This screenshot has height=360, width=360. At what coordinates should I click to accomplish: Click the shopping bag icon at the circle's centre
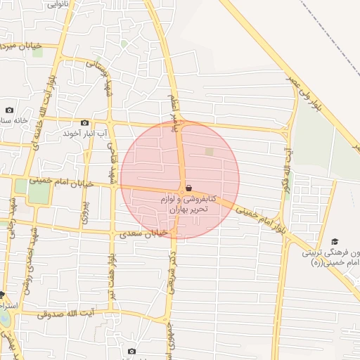click(x=188, y=188)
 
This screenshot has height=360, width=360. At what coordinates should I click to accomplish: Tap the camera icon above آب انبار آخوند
click(x=85, y=122)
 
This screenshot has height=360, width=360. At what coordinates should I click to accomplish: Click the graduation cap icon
click(x=335, y=240)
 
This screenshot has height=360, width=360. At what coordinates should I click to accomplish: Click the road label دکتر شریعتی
click(x=172, y=271)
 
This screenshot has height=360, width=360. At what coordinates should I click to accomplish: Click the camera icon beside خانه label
click(x=9, y=110)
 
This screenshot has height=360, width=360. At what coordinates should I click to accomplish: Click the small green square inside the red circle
click(x=209, y=151)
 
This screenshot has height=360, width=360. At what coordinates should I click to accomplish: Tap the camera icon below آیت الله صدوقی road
click(x=131, y=351)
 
